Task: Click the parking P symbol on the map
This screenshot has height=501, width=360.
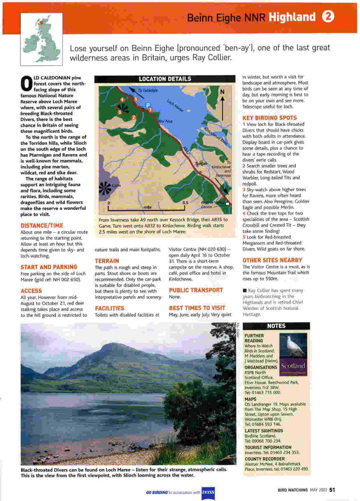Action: tap(148, 105)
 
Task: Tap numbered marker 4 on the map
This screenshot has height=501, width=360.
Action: tap(122, 100)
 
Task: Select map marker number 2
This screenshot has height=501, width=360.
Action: tap(134, 117)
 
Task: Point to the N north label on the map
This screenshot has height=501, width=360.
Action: tap(223, 92)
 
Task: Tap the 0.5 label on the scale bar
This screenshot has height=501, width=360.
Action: tap(185, 203)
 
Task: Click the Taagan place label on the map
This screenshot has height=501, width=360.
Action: tap(201, 164)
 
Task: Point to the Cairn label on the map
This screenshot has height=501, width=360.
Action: tap(116, 186)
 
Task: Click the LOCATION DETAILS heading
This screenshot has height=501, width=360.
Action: tap(165, 79)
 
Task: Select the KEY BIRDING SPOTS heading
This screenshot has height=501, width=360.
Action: tap(269, 118)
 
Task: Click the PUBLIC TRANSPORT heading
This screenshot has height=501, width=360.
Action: tap(196, 290)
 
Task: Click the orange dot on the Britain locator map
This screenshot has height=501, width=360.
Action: tap(42, 22)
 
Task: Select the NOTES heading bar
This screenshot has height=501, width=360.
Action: tap(276, 326)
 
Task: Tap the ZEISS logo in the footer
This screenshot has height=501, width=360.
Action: tap(208, 492)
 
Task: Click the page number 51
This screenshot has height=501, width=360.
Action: tap(332, 490)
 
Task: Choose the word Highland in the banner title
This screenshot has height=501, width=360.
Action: tap(292, 17)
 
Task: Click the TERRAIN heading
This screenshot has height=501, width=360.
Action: tap(107, 261)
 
